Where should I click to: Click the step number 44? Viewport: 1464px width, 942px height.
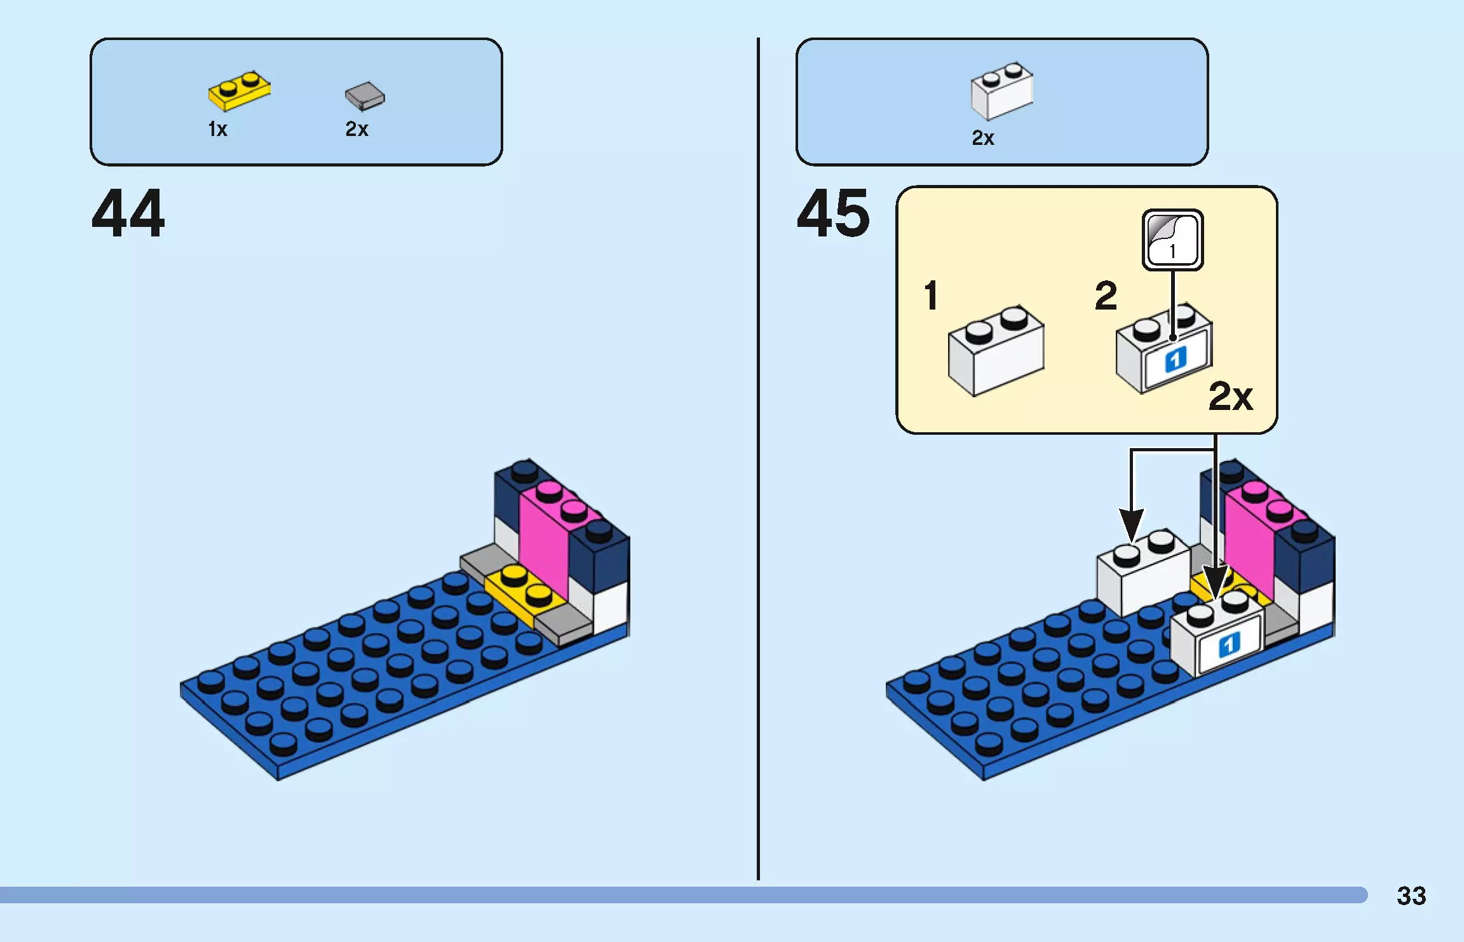[x=128, y=214]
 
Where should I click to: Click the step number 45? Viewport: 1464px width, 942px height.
[x=833, y=214]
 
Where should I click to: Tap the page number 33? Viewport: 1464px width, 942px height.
[x=1411, y=896]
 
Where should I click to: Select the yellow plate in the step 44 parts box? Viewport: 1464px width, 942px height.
[x=239, y=91]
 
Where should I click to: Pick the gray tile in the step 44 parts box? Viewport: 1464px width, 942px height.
[x=365, y=96]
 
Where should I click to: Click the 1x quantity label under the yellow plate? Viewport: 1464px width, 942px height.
[x=217, y=130]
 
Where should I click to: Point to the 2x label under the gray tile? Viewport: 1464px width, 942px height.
[x=356, y=130]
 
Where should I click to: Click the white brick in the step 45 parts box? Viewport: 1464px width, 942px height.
[x=1001, y=91]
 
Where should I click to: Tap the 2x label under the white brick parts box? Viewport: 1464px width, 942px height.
[x=983, y=138]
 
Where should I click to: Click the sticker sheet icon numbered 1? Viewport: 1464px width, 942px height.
[x=1172, y=240]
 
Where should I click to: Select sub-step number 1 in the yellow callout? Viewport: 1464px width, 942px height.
[x=931, y=296]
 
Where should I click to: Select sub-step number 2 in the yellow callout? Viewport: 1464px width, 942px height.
[x=1106, y=296]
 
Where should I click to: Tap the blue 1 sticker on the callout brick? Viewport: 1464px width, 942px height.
[x=1176, y=360]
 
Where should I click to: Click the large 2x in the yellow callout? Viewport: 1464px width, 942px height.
[x=1230, y=397]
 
